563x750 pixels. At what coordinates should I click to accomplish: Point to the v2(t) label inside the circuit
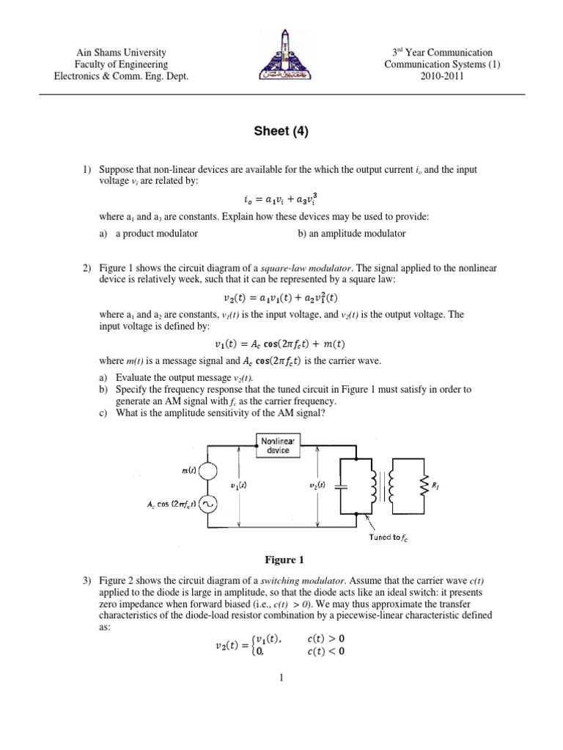(307, 485)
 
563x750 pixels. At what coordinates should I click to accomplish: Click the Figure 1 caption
(282, 560)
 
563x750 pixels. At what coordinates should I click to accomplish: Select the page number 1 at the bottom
(281, 677)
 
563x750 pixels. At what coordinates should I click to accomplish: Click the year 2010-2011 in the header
(439, 75)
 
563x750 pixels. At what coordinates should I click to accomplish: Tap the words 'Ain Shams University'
(122, 53)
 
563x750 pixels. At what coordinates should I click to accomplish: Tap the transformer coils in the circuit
(380, 486)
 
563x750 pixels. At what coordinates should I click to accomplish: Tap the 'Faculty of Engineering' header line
(122, 64)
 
